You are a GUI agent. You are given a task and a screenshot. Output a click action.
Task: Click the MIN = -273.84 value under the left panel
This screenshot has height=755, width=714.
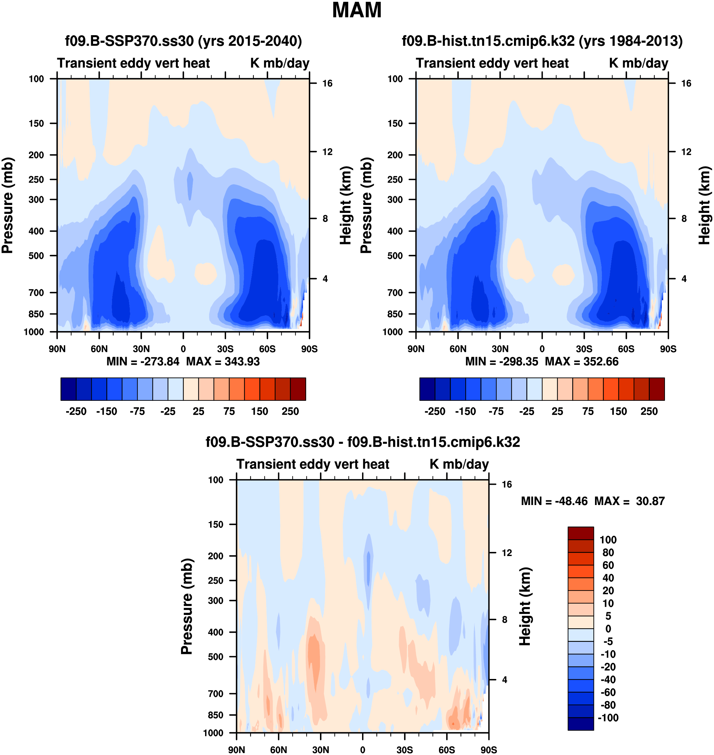tap(143, 362)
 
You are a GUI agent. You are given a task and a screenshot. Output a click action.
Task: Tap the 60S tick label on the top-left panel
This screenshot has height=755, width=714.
tap(267, 349)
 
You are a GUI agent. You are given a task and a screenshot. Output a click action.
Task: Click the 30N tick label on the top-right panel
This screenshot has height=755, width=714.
tap(500, 349)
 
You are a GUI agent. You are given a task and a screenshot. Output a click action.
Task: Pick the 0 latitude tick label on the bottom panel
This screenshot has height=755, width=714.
tap(362, 750)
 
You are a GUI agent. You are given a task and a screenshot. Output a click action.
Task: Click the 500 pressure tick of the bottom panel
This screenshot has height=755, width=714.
tap(216, 657)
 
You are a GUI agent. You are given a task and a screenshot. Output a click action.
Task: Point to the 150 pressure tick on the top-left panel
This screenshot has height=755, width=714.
tap(36, 124)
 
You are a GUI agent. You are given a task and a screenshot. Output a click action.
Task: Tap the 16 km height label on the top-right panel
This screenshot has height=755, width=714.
tap(686, 83)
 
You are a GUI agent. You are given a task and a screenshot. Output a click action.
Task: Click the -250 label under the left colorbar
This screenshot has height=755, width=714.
tap(76, 412)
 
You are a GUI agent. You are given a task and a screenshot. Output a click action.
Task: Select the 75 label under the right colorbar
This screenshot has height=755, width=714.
tap(588, 412)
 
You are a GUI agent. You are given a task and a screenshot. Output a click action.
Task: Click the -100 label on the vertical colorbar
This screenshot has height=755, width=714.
tap(608, 718)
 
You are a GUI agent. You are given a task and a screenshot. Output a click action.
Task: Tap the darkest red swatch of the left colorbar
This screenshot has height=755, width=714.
tap(298, 389)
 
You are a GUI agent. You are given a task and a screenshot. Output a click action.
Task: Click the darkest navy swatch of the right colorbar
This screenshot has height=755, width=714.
tap(427, 389)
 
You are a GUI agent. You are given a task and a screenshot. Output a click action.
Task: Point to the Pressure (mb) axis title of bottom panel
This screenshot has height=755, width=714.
tap(187, 606)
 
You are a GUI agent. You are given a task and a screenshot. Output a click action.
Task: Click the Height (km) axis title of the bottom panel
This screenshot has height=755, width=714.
tap(525, 606)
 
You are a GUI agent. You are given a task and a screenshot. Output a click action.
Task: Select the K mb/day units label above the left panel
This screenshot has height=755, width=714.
tap(280, 63)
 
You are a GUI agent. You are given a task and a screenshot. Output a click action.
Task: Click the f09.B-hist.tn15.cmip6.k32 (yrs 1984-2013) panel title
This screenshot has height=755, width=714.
tap(542, 41)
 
